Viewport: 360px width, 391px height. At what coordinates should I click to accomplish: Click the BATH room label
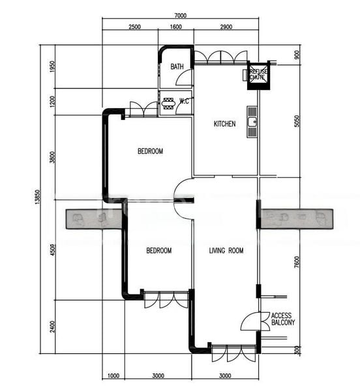point(177,67)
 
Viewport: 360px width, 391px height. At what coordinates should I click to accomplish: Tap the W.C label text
point(185,102)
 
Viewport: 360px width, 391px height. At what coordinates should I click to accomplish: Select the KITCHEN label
point(224,124)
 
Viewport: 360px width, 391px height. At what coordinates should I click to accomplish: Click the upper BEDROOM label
point(150,151)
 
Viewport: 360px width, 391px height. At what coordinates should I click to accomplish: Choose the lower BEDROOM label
point(158,251)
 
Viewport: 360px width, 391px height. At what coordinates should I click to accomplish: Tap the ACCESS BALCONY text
point(283,318)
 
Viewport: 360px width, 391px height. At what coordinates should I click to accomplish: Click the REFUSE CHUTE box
point(256,75)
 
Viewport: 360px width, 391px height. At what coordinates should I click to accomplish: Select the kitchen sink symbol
point(252,121)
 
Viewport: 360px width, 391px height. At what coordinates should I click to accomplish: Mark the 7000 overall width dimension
point(181,16)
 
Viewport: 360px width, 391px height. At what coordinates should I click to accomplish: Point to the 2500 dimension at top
point(134,27)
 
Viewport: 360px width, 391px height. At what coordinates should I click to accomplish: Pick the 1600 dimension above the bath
point(175,27)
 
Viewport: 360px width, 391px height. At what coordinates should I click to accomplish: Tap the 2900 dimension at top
point(226,27)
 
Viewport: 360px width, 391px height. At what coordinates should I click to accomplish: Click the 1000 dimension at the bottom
point(113,376)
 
